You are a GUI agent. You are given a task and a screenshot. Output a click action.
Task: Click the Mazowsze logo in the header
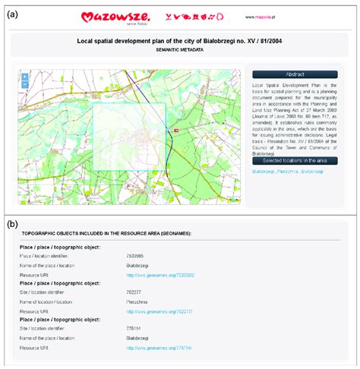click(129, 14)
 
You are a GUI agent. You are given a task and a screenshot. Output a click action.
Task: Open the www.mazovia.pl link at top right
click(261, 15)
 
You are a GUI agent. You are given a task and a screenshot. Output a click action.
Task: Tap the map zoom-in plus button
click(25, 77)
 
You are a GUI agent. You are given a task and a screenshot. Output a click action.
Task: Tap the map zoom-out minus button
click(25, 84)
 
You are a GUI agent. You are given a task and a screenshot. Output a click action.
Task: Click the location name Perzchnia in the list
click(137, 301)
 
